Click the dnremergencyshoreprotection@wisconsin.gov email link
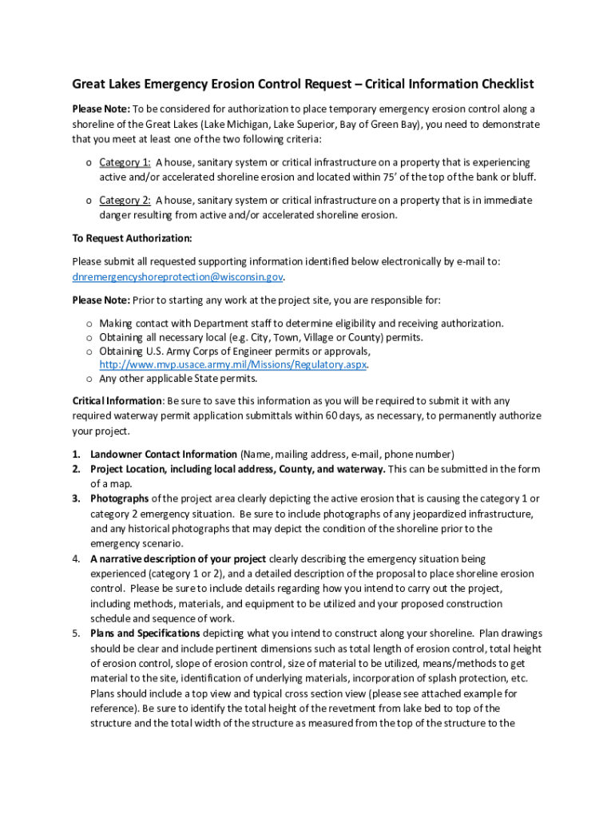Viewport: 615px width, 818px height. [x=177, y=277]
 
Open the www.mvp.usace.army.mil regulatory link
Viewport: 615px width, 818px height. [x=232, y=364]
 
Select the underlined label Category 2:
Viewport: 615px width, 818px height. [x=125, y=201]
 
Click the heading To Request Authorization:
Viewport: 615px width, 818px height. [x=132, y=238]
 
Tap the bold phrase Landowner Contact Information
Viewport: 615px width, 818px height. [x=164, y=454]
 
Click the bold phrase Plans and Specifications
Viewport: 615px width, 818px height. [x=145, y=633]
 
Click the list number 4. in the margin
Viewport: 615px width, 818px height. [x=77, y=559]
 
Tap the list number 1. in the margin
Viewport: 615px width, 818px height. [x=77, y=454]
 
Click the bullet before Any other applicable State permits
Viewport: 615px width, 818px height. [x=88, y=379]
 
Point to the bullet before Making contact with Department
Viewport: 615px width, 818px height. [x=88, y=324]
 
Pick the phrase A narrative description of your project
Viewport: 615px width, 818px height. [x=179, y=559]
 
